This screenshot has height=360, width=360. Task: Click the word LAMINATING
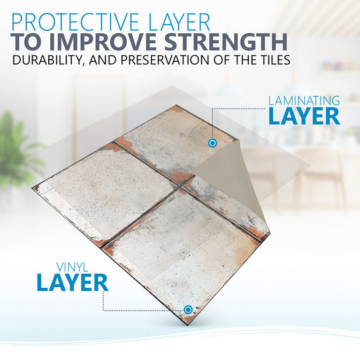pos(304,100)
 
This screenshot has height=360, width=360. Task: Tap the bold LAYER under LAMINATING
pos(304,116)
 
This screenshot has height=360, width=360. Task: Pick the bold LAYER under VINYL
pos(72,283)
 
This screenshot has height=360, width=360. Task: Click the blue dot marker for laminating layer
pos(212,143)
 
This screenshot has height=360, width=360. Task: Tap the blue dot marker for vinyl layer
pos(188,309)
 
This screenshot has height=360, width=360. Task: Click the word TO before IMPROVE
pos(24,42)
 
